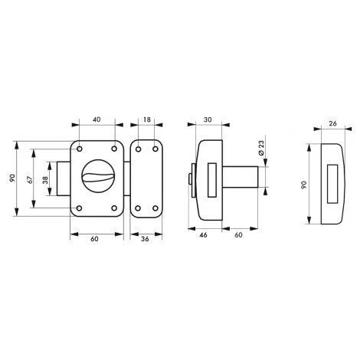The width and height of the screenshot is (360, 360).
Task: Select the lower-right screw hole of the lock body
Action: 113,208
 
